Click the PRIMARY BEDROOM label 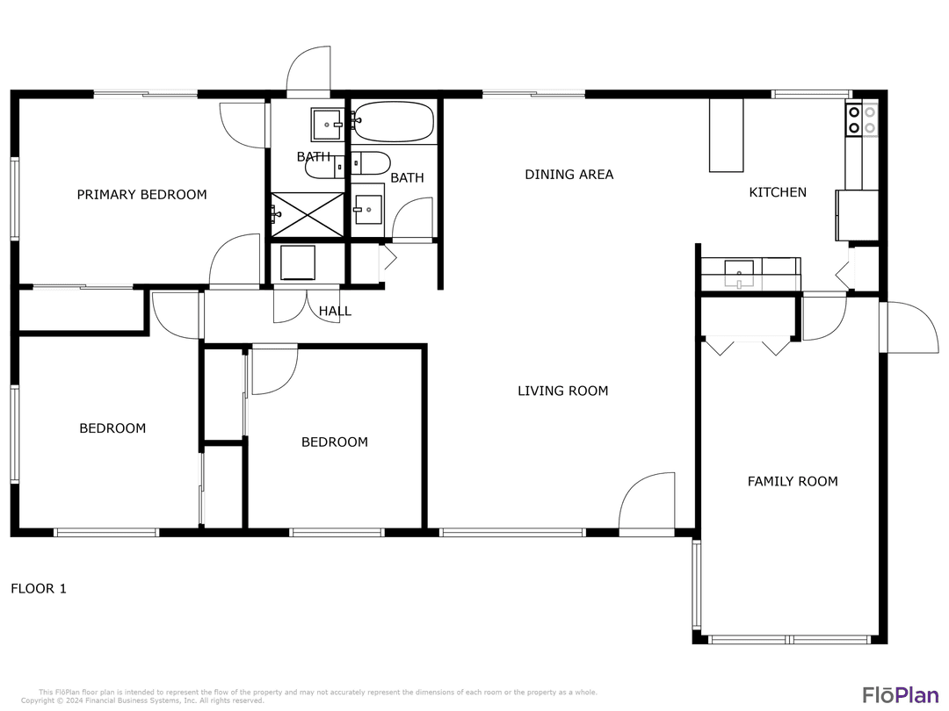pos(141,195)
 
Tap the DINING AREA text pos(569,175)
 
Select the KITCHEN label pos(777,192)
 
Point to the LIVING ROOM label pos(562,391)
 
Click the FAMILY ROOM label pos(792,481)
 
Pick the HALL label pos(335,311)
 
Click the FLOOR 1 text pos(38,589)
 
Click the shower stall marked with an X pos(307,214)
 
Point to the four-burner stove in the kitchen pos(861,119)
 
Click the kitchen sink pos(739,273)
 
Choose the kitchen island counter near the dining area pos(726,135)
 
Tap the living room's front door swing pos(648,503)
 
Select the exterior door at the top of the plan pos(308,70)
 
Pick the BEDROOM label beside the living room pos(334,442)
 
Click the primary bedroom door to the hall pos(234,261)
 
